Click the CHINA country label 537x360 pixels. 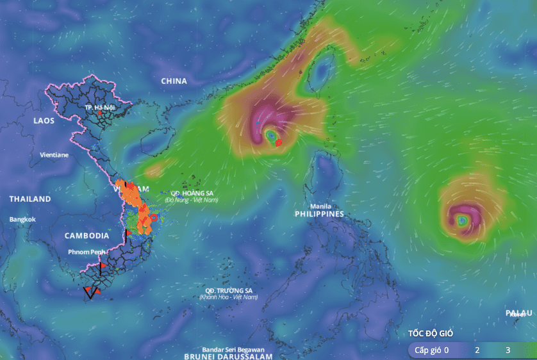coord(174,81)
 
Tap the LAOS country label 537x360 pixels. coord(45,120)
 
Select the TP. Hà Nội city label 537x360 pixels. coord(98,108)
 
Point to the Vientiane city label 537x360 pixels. coord(54,155)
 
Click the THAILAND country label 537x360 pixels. coord(29,199)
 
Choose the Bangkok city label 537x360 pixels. coord(22,219)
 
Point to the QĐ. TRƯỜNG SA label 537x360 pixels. coord(228,290)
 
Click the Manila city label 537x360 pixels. coord(320,206)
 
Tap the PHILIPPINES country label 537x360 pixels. coord(320,214)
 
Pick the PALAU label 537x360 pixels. coord(519,313)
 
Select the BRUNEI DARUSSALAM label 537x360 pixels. coord(228,356)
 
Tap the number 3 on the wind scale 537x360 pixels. coord(508,350)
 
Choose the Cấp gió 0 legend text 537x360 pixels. coord(431,350)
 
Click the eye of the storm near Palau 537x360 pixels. coord(462,221)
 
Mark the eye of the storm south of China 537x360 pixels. coord(271,136)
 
